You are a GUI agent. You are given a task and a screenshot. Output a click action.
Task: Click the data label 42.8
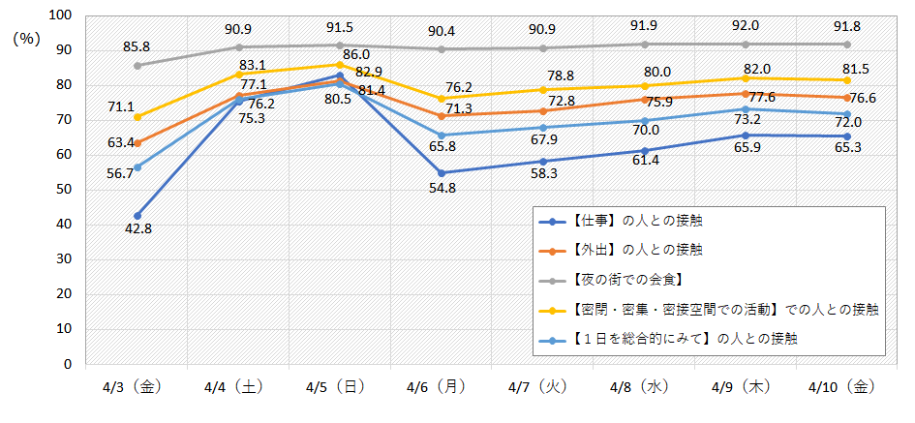(138, 228)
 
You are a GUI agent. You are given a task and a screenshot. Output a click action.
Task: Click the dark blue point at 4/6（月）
(442, 173)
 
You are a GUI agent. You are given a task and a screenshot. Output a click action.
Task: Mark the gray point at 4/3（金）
(137, 66)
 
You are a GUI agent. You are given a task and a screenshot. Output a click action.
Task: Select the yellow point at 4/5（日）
(340, 65)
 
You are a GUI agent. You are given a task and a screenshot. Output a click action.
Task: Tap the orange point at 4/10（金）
(847, 98)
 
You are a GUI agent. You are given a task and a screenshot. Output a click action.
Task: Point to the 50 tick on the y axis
(64, 190)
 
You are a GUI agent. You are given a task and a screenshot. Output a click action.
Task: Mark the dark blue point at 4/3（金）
(137, 216)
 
